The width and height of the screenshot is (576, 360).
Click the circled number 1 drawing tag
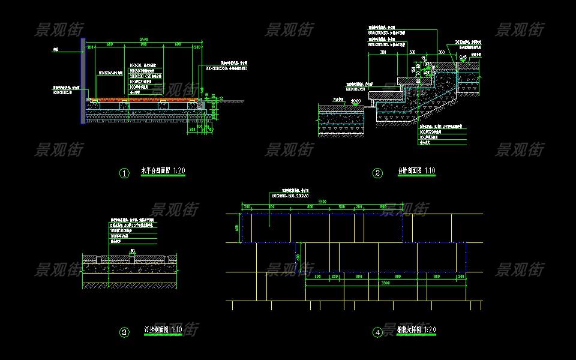coord(125,173)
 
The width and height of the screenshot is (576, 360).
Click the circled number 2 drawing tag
coord(377,173)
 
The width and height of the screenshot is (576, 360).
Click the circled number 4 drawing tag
coord(377,332)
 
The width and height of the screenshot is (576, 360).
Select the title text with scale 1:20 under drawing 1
coord(163,172)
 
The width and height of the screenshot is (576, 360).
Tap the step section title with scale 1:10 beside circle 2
coord(416,172)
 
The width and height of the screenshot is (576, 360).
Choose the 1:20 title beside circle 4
coord(416,330)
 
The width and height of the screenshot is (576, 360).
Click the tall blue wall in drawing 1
coord(82,81)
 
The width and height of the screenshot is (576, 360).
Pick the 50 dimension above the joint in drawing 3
coord(132,251)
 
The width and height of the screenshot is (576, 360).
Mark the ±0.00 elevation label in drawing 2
coord(356,101)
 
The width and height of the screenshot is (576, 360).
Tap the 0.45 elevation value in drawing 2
coord(463,57)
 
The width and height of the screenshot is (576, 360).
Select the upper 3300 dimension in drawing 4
coord(322,200)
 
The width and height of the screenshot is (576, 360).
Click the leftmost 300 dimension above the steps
coord(382,52)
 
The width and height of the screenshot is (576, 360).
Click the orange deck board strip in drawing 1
coord(144,99)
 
